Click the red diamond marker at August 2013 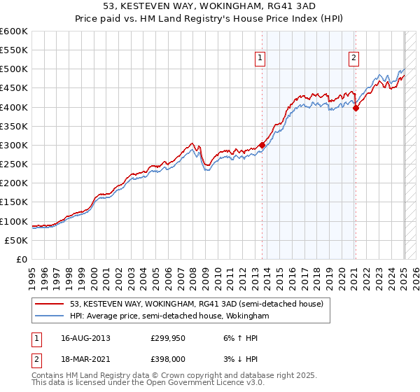click(x=262, y=145)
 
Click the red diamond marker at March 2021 click(x=356, y=108)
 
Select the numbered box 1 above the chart click(x=260, y=58)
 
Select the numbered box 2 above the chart click(x=354, y=58)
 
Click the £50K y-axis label click(x=16, y=240)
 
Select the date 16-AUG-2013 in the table click(x=86, y=337)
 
